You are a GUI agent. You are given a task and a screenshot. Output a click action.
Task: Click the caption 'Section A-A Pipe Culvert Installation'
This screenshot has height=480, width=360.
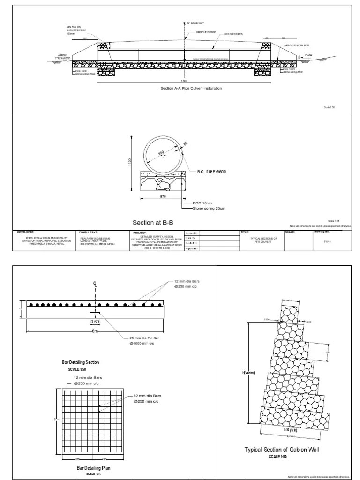tap(191, 88)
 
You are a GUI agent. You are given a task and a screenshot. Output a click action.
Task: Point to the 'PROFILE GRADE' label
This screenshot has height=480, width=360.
tap(204, 33)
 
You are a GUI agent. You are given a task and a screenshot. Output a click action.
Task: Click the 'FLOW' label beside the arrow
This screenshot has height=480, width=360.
tap(308, 55)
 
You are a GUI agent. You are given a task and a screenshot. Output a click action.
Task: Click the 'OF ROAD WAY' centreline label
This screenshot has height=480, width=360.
tap(196, 23)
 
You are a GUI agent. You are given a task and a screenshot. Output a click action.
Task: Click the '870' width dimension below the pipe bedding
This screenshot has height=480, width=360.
tap(163, 197)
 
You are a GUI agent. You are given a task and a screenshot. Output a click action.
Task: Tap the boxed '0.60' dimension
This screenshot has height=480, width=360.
tap(95, 322)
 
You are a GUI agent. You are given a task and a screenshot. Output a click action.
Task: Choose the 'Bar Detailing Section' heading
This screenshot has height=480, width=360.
tap(81, 362)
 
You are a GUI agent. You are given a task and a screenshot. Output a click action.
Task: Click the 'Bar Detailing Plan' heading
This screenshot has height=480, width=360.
tap(94, 468)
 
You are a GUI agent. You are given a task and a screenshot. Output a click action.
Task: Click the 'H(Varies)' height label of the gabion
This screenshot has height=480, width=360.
tap(248, 373)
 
